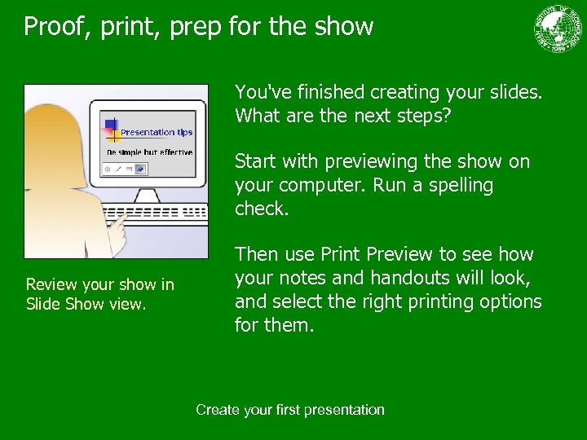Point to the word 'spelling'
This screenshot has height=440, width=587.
461,185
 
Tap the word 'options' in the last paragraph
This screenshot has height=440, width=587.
510,301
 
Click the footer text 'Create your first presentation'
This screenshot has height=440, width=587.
290,410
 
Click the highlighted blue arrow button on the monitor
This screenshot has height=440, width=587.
140,169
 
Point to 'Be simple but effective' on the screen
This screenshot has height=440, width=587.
150,152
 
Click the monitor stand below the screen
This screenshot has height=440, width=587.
147,196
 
